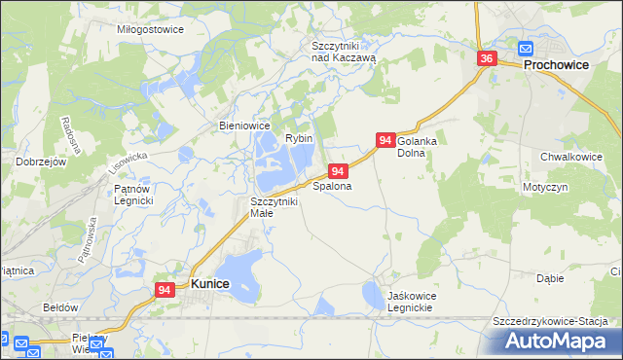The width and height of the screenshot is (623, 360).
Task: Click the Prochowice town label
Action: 561,65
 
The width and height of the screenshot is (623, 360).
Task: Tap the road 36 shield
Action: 488,59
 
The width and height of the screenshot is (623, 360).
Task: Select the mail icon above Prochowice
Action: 526,49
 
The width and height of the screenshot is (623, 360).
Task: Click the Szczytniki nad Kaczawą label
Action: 344,52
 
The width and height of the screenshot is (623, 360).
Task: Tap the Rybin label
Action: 299,139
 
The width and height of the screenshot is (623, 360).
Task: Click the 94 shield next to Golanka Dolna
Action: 385,141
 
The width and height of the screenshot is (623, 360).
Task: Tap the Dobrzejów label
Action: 40,162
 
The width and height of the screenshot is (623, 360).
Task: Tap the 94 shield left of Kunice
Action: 165,289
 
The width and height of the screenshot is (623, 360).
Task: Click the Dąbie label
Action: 550,278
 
